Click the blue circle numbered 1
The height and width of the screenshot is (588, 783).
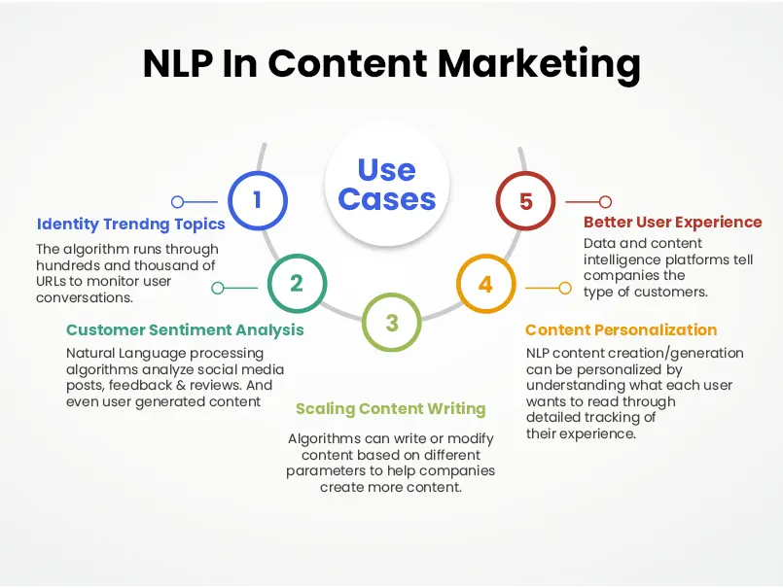258,201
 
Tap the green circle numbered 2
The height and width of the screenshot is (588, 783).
297,283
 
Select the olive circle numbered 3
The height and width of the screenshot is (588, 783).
392,323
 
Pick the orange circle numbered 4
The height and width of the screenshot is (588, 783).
486,284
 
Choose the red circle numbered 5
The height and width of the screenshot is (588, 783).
525,201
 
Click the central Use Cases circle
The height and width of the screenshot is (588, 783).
387,185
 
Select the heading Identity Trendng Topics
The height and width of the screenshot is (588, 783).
131,225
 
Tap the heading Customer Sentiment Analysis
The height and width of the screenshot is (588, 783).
185,329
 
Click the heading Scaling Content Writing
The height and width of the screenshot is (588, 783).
390,408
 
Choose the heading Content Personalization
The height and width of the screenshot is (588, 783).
622,329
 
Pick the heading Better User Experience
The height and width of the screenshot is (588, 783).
673,222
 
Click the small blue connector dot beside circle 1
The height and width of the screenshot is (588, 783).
178,202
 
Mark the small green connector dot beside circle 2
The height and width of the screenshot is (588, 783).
218,288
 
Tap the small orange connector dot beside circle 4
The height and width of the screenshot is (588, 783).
564,288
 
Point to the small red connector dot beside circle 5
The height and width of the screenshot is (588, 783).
605,202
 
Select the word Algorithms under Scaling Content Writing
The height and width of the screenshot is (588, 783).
324,439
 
